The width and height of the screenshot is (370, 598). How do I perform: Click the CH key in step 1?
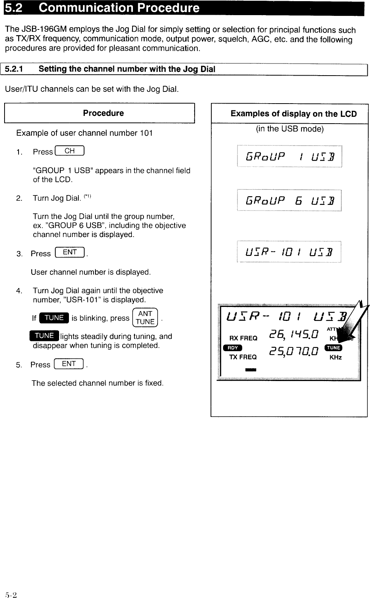(x=70, y=151)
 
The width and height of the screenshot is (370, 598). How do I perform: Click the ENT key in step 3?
(x=70, y=253)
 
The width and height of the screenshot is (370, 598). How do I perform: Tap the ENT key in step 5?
(x=69, y=364)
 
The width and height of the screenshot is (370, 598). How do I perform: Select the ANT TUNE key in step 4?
(x=145, y=318)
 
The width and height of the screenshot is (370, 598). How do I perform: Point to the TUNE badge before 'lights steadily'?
(x=44, y=336)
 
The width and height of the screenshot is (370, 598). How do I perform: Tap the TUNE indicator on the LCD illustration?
(x=334, y=348)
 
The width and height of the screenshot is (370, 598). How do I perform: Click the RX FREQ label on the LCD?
(x=243, y=338)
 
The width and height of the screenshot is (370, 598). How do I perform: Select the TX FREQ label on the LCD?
(x=243, y=357)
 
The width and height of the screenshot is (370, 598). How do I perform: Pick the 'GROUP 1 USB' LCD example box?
(x=289, y=156)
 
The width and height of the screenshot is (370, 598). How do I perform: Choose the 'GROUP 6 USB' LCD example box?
(x=289, y=200)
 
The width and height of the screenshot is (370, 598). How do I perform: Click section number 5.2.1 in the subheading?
(x=14, y=69)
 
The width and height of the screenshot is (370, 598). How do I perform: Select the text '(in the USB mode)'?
(x=290, y=129)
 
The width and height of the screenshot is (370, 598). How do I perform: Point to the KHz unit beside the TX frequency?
(x=336, y=357)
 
